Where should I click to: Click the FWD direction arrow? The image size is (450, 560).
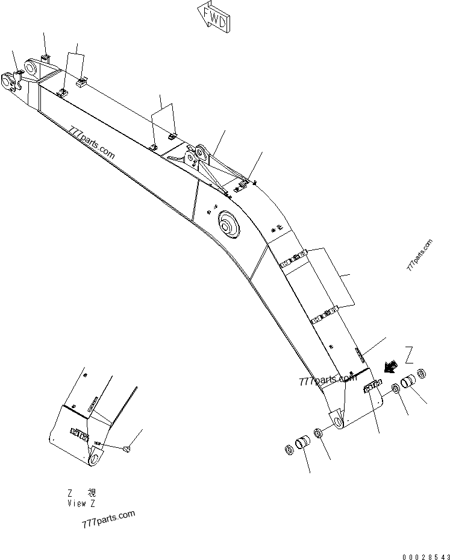pos(214,18)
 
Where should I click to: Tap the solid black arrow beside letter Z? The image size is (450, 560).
pos(389,367)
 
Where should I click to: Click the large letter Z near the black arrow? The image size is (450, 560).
pos(409,355)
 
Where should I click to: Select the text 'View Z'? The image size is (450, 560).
pos(81,503)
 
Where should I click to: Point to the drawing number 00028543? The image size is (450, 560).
pos(426,557)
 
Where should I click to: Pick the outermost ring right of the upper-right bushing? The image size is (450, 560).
pos(422,374)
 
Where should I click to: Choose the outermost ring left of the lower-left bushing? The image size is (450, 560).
pos(289,450)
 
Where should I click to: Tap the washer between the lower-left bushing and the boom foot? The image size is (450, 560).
pos(318,433)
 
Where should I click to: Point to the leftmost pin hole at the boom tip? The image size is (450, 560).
pos(8,81)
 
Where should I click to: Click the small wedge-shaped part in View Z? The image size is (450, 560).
pos(127,448)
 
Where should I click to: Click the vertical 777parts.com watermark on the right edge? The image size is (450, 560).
pos(419,254)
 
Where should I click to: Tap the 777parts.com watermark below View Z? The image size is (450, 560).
pos(108,519)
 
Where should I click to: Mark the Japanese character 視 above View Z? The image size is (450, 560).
pos(92,493)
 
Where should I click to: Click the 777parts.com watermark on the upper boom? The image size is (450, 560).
pos(92,143)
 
